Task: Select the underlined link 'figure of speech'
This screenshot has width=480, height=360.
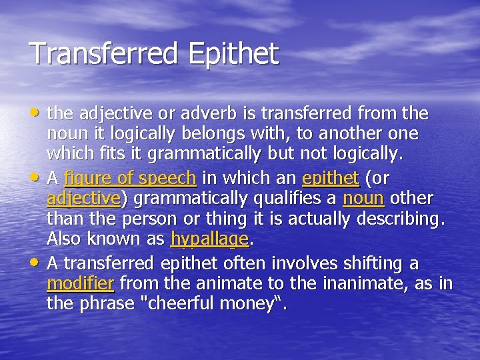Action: (130, 179)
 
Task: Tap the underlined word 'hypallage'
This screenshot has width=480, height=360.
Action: (209, 239)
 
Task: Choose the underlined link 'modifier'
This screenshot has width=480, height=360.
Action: (81, 284)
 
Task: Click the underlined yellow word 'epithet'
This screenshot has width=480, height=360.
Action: (331, 179)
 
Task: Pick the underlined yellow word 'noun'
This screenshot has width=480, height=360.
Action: (363, 199)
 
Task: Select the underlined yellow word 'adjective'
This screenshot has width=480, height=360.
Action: (83, 199)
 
